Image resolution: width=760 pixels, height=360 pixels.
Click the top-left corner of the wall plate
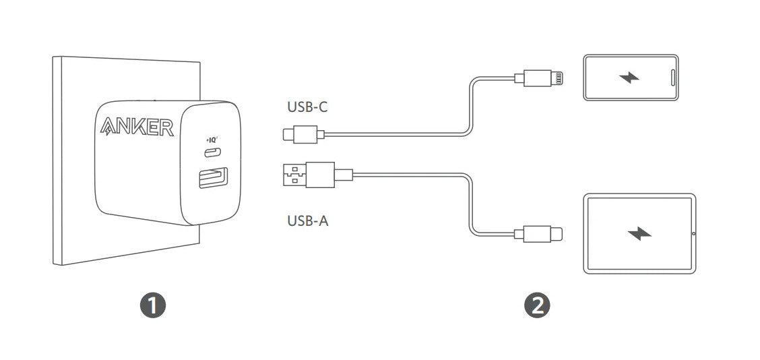(x=53, y=57)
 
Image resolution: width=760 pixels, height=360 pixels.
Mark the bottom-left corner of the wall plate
(x=53, y=265)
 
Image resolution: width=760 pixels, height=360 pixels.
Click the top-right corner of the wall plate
(x=200, y=61)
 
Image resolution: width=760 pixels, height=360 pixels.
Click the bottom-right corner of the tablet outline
(x=696, y=273)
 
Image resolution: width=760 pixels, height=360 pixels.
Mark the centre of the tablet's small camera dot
(x=693, y=234)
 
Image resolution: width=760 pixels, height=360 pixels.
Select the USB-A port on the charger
(x=212, y=177)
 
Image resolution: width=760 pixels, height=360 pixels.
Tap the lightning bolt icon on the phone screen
(x=629, y=77)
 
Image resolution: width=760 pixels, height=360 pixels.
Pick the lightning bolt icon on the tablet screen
(x=639, y=233)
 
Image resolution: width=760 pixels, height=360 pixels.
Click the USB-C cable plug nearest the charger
(x=303, y=134)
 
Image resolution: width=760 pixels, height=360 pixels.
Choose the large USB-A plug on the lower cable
(x=317, y=175)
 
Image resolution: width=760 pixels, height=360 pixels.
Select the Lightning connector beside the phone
(x=538, y=78)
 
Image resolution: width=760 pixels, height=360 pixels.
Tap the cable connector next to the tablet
(x=538, y=233)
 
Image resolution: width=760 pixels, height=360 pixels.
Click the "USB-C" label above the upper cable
(x=307, y=107)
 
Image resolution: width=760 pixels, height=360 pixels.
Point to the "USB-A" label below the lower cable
(x=308, y=220)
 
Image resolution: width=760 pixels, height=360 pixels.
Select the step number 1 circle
(x=153, y=305)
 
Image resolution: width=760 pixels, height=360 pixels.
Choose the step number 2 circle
(x=537, y=305)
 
